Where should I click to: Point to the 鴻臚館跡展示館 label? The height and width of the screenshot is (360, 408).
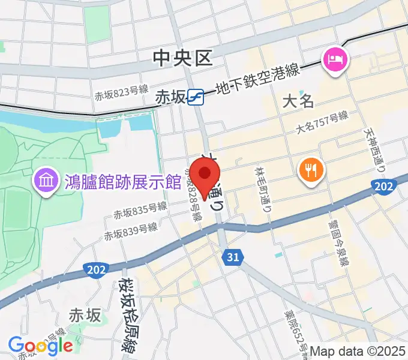click(122, 180)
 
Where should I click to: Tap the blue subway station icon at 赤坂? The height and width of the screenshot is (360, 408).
click(195, 96)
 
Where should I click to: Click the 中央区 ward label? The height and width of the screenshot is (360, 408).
click(183, 58)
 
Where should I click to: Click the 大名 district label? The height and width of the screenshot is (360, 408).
click(298, 100)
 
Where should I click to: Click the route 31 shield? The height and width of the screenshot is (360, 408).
click(233, 257)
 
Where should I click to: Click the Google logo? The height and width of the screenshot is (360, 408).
click(40, 345)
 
